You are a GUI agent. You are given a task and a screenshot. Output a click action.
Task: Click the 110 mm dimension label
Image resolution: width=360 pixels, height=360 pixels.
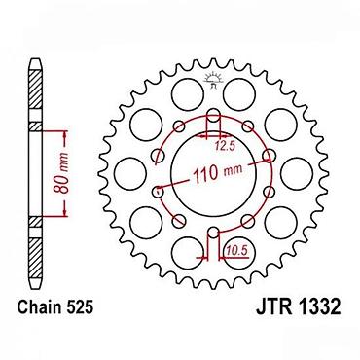pos(217,173)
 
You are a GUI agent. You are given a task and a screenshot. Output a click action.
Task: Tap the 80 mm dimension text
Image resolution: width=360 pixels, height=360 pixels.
pos(61,172)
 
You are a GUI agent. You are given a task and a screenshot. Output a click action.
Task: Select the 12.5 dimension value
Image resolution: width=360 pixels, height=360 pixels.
pos(224,147)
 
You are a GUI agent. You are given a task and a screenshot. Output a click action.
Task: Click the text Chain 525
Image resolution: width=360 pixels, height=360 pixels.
pos(55,306)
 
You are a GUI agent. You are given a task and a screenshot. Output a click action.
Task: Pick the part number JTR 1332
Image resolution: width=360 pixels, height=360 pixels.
pos(299,306)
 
